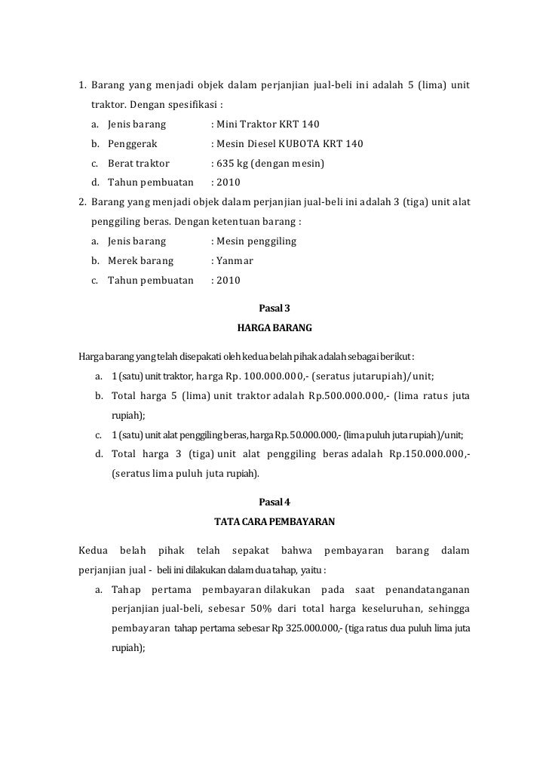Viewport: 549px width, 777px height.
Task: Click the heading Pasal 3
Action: (274, 308)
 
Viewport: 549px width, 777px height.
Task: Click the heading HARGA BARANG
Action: (274, 329)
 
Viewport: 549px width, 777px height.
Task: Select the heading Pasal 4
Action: (274, 502)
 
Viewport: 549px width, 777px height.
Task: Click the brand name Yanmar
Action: (235, 261)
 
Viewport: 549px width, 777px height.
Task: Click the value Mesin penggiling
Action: (256, 241)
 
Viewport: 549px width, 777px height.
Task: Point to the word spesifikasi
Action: (195, 103)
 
